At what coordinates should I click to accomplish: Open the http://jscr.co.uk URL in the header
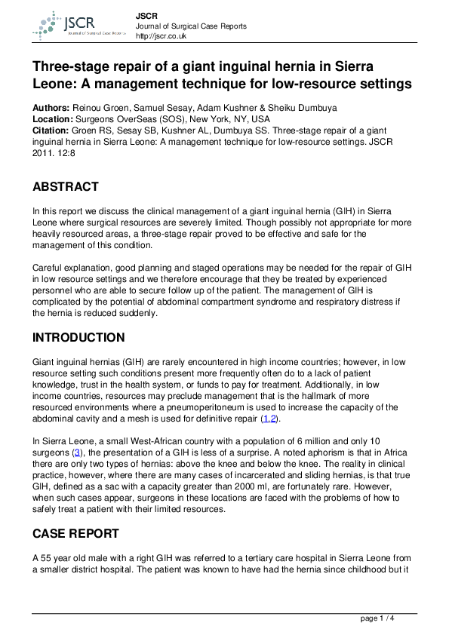pyautogui.click(x=163, y=36)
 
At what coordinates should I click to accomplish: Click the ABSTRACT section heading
pyautogui.click(x=66, y=186)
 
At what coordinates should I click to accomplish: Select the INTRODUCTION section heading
pyautogui.click(x=78, y=338)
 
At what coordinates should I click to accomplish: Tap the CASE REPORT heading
pyautogui.click(x=75, y=533)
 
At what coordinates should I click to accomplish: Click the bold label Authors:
pyautogui.click(x=51, y=108)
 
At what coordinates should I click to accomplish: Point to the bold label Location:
pyautogui.click(x=53, y=119)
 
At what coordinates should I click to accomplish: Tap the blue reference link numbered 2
pyautogui.click(x=274, y=418)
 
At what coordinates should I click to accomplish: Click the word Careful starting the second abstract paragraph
pyautogui.click(x=49, y=267)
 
